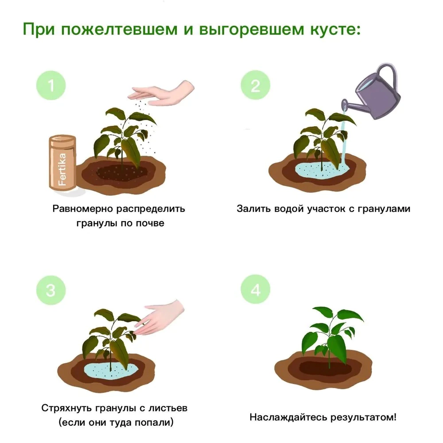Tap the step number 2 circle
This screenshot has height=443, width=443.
(x=255, y=85)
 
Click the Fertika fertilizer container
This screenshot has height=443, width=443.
(x=62, y=164)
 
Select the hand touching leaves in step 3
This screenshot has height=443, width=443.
(x=162, y=317)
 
